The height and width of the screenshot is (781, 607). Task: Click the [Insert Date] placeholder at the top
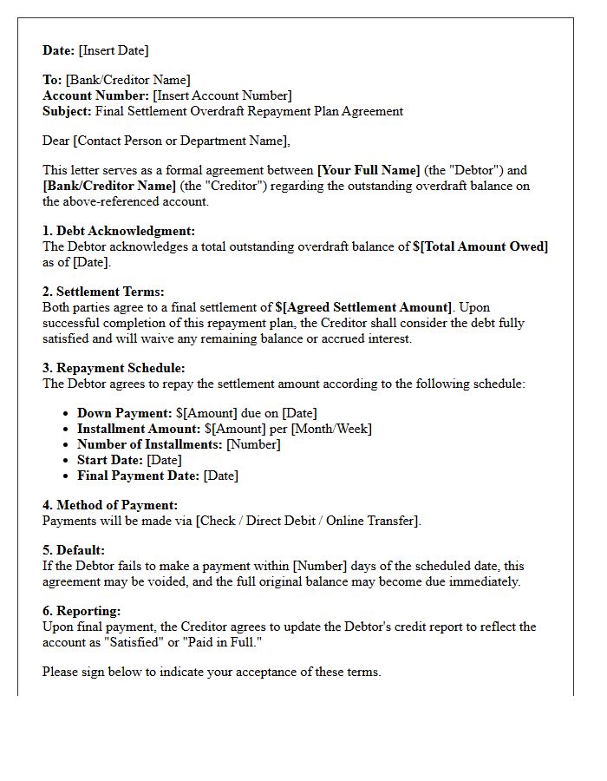tap(114, 50)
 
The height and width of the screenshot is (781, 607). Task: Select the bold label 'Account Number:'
tap(96, 95)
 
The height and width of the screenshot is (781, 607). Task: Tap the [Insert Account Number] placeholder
tap(223, 95)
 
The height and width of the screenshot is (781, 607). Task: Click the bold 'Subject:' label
tap(67, 111)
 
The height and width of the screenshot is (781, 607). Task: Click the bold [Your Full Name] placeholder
tap(369, 170)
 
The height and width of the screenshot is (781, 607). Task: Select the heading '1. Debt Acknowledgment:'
tap(119, 231)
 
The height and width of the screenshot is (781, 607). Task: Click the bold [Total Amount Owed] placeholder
tap(484, 246)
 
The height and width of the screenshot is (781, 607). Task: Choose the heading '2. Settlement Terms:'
tap(103, 292)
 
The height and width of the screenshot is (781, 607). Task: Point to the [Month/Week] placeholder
tap(331, 429)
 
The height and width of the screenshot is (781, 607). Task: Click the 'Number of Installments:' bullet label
tap(150, 444)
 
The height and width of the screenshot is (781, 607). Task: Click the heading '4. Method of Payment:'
tap(110, 505)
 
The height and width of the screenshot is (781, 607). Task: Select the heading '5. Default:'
tap(74, 550)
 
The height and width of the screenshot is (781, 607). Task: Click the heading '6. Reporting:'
tap(82, 611)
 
